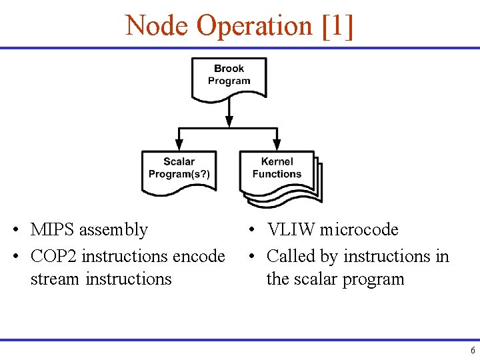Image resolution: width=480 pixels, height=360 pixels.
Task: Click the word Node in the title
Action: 157,26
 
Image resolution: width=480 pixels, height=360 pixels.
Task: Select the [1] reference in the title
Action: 337,26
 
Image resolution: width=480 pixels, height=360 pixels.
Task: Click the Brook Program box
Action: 229,75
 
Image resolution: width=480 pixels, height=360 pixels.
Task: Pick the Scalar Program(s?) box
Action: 179,169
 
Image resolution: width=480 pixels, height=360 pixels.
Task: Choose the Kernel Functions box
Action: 277,169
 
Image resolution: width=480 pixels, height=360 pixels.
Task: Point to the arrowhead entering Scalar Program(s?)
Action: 179,144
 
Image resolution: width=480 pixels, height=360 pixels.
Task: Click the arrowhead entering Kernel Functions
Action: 277,144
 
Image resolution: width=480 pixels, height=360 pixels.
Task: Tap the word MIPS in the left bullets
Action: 52,230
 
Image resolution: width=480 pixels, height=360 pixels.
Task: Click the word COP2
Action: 54,256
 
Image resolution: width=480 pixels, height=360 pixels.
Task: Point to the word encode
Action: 199,256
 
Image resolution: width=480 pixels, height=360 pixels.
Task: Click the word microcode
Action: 359,230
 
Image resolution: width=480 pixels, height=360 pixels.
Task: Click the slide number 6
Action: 472,351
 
